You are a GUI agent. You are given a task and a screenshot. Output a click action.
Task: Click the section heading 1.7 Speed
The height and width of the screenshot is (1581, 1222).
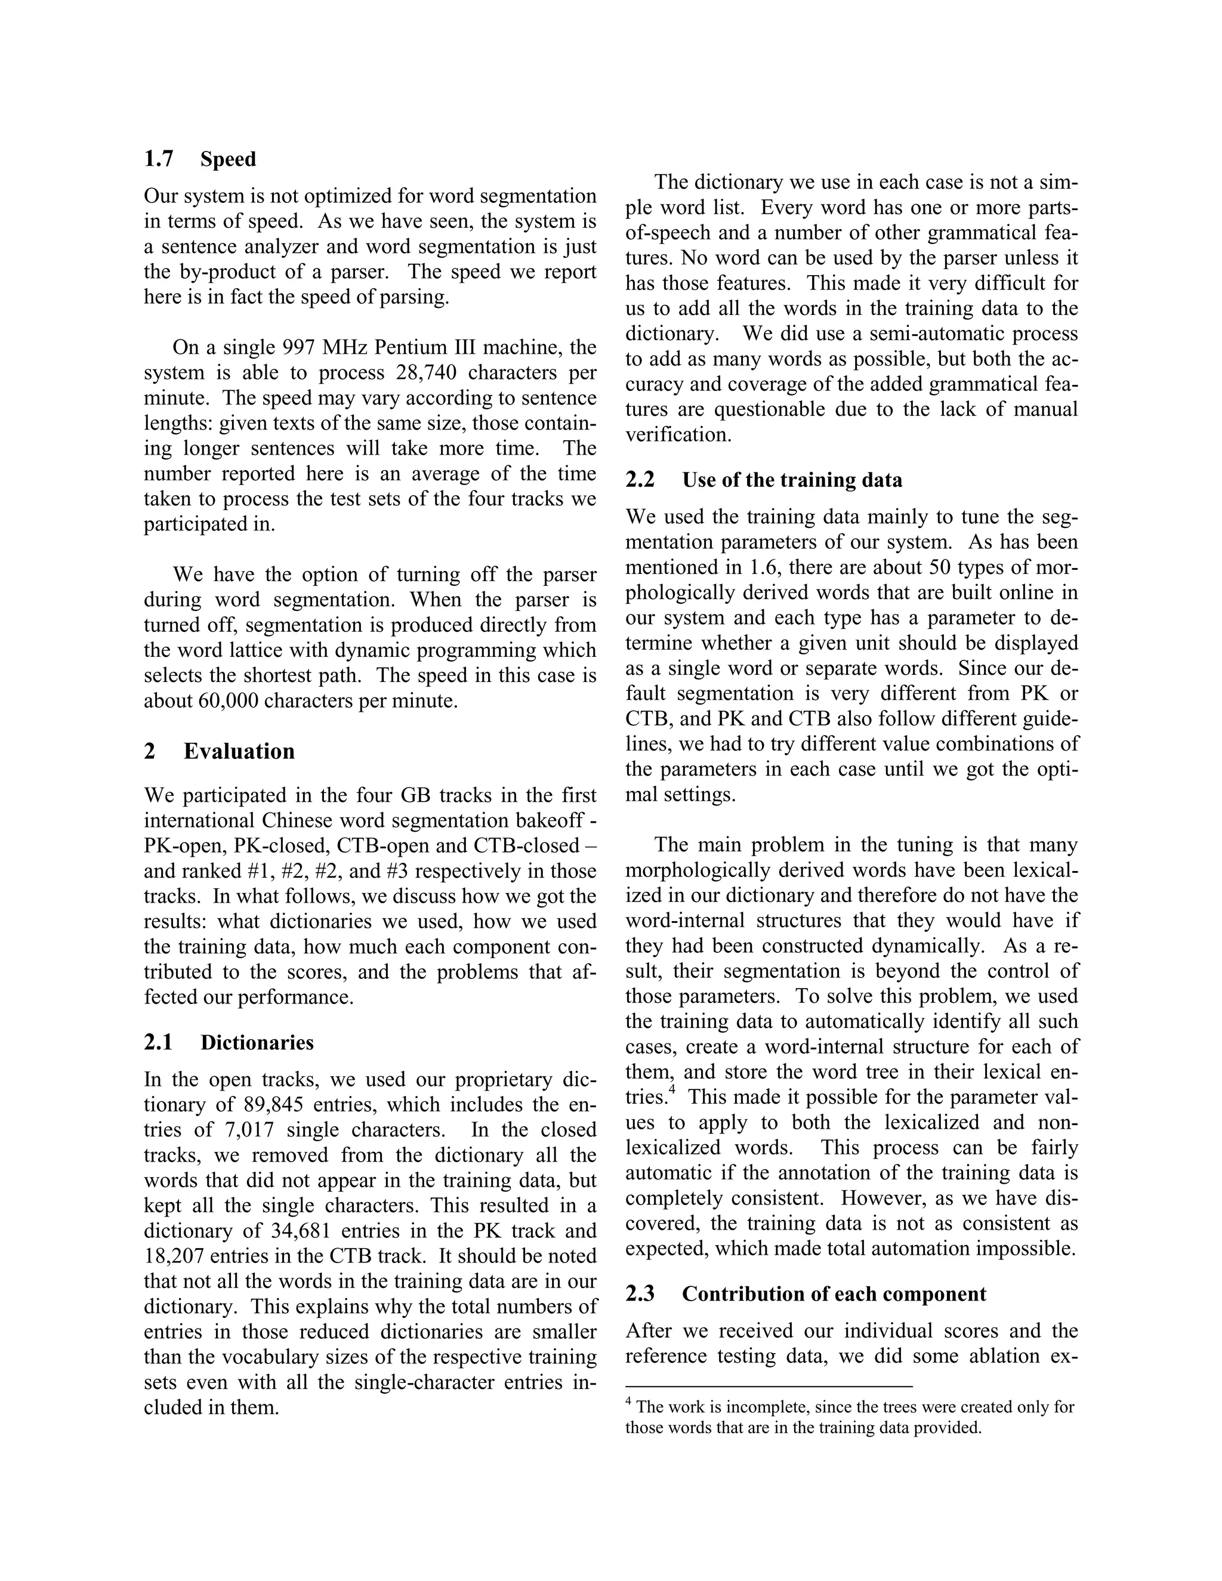coord(200,159)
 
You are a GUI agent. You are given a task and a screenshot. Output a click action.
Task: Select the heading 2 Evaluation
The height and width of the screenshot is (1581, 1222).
coord(220,751)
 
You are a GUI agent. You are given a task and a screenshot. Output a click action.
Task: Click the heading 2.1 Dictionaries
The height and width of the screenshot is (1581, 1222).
coord(229,1043)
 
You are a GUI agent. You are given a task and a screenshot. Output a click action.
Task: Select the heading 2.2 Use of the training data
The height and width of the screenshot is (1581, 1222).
coord(764,481)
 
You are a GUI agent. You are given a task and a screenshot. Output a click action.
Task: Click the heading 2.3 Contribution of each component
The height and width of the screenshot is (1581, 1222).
coord(805,1295)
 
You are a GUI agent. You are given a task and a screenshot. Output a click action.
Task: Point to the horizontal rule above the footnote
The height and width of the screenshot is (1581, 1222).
coord(768,1387)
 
